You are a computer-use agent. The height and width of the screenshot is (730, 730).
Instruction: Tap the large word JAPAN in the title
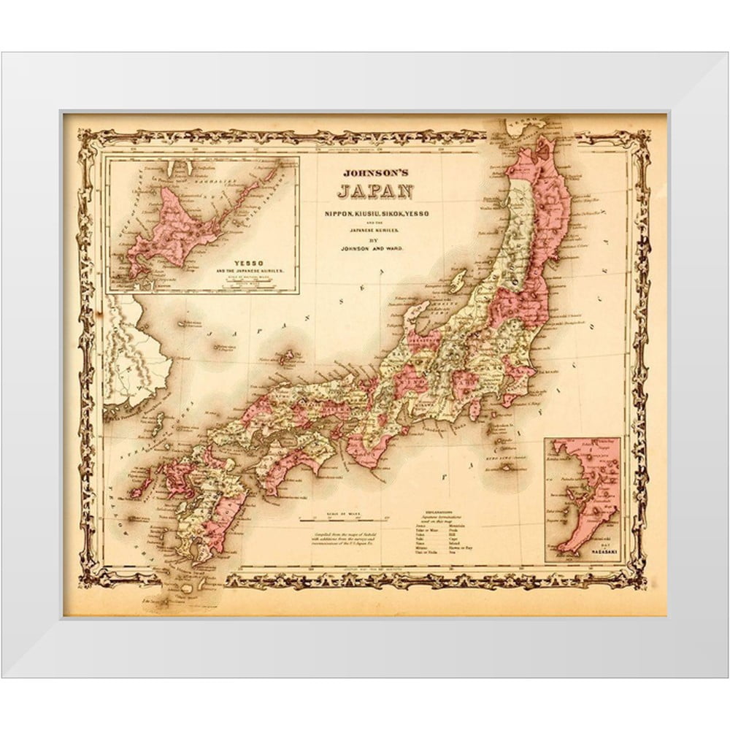point(372,193)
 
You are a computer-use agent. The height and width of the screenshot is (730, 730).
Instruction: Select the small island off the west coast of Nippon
point(458,282)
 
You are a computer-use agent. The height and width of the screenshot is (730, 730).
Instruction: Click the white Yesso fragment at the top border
point(523,129)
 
